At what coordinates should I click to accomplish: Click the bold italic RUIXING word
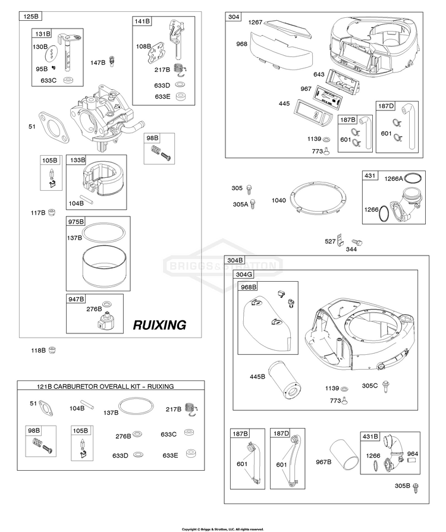(159, 325)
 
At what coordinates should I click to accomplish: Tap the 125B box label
(30, 17)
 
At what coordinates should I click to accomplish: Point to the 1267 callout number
(255, 22)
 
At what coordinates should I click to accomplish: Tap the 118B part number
(38, 351)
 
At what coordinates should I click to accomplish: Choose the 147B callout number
(98, 62)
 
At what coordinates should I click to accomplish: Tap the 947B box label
(77, 298)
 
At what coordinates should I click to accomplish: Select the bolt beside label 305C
(385, 385)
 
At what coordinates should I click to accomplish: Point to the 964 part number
(412, 454)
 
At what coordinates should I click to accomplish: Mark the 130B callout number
(40, 46)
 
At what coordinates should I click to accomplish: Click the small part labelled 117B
(52, 212)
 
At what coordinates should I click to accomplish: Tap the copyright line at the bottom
(222, 528)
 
